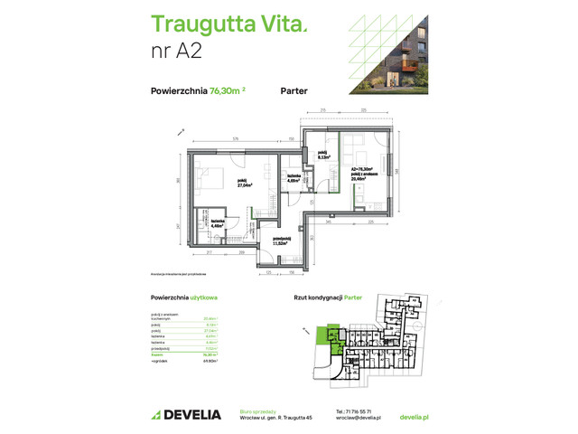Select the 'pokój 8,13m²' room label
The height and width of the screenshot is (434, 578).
(x=322, y=157)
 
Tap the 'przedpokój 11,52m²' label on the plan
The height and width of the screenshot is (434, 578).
(x=285, y=241)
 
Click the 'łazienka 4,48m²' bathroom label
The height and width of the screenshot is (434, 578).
(x=218, y=223)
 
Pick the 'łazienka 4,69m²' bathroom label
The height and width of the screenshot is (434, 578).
(x=293, y=178)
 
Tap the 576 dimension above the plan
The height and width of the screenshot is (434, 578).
(x=235, y=138)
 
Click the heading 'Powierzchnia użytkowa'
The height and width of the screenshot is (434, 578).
(x=190, y=297)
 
